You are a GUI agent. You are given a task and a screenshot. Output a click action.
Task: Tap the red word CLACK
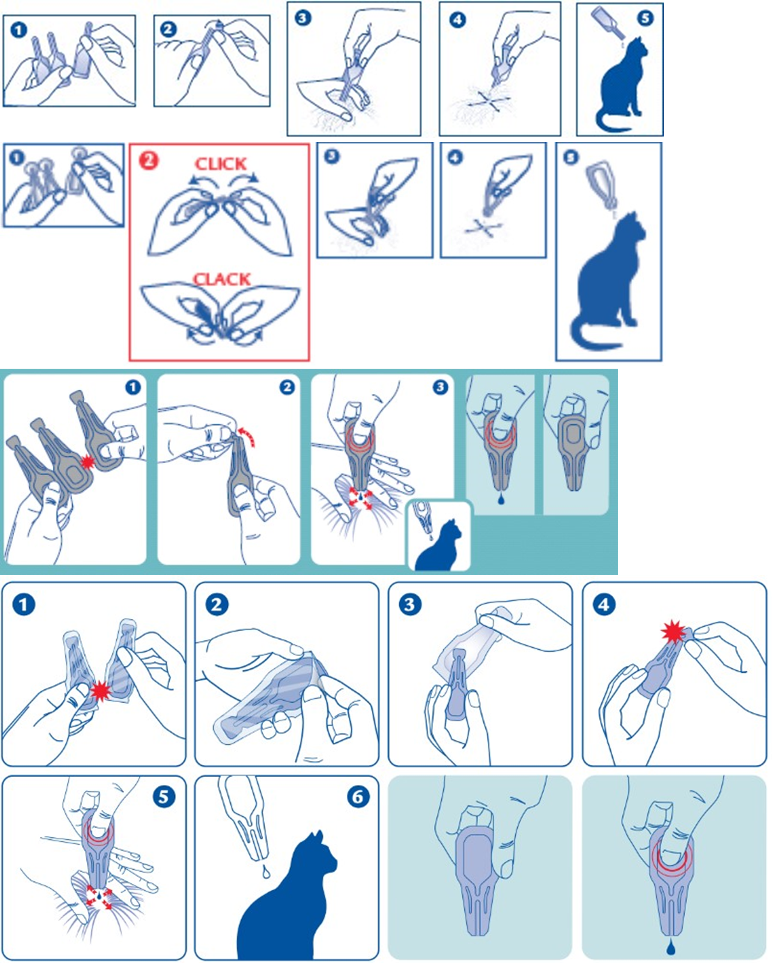point(222,279)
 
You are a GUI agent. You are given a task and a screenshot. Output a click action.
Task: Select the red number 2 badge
point(149,160)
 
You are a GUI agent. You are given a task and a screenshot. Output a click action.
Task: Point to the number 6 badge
point(358,797)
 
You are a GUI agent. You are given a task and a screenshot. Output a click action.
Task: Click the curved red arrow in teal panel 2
point(247,435)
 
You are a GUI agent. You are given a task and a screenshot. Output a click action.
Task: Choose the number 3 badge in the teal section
point(440,387)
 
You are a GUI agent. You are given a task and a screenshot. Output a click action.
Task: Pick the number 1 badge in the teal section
point(133,387)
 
